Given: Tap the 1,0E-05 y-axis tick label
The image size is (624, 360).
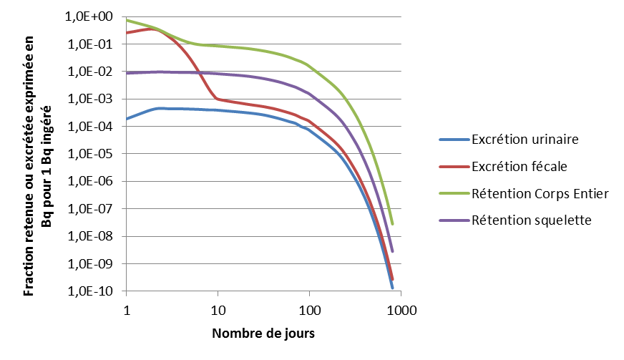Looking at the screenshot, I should click(x=89, y=154).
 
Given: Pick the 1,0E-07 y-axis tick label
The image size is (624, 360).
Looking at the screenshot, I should click(x=89, y=209).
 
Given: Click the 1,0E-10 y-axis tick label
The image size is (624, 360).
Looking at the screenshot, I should click(x=89, y=291).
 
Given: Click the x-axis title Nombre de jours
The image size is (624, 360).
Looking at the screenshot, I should click(x=263, y=334).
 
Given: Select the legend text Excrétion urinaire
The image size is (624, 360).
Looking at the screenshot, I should click(x=525, y=138).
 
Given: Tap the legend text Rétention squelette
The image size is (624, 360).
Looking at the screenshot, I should click(x=531, y=220).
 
